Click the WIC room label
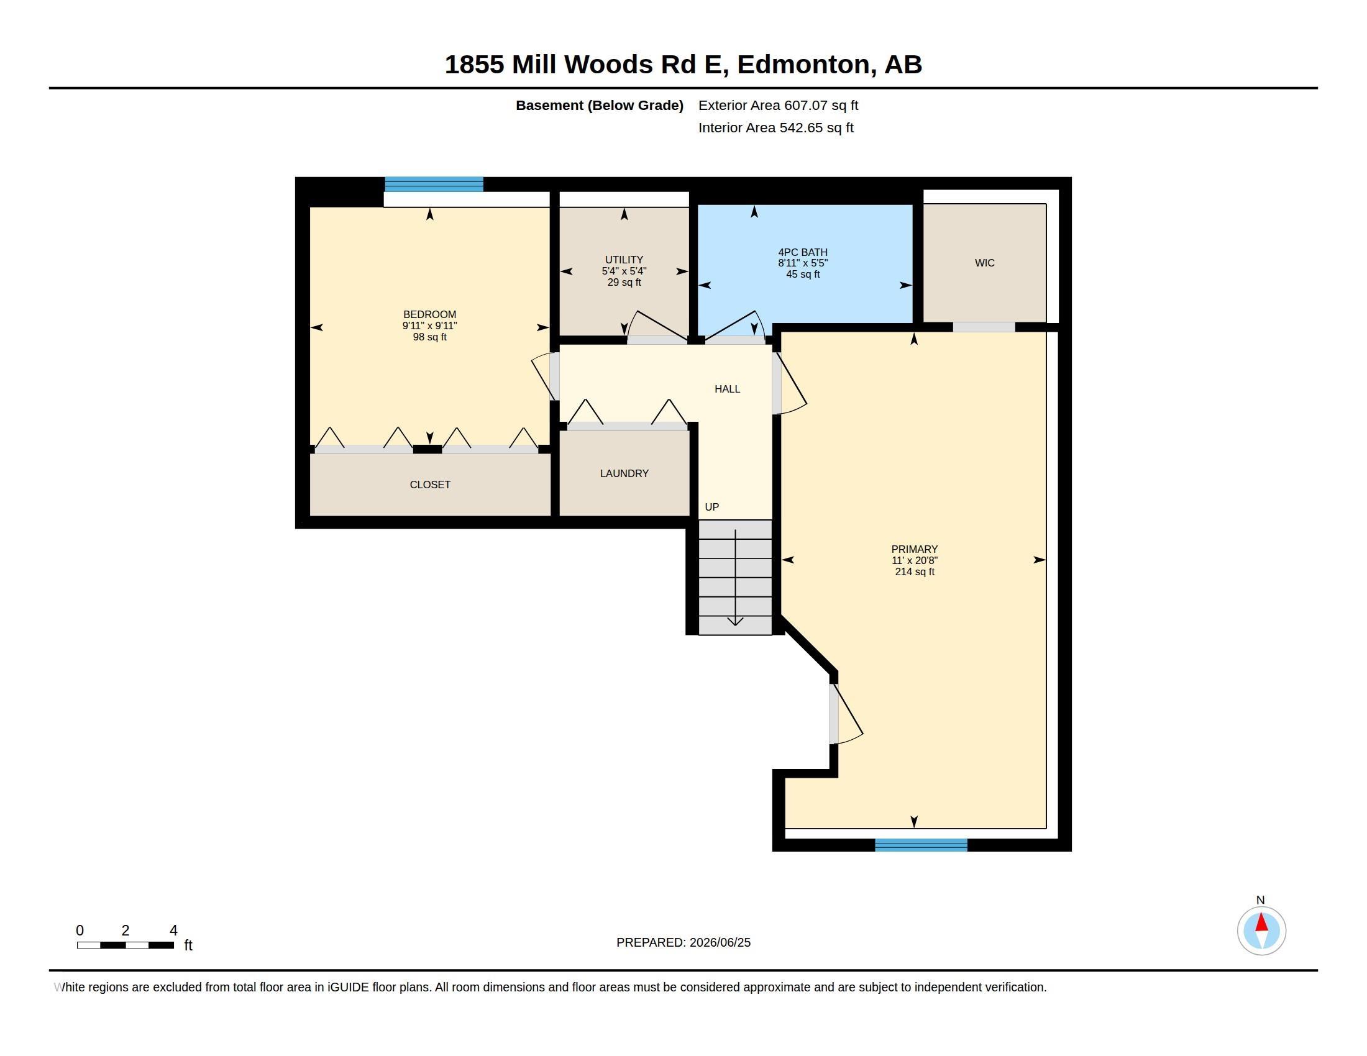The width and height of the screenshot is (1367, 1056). click(x=985, y=263)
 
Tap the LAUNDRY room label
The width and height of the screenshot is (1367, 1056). click(x=624, y=473)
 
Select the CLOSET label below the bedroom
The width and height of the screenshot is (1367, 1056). click(x=430, y=485)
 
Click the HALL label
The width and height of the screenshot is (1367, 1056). click(x=728, y=389)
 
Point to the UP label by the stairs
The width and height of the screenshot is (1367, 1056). click(x=711, y=507)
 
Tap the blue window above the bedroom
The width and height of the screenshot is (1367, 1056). click(x=434, y=184)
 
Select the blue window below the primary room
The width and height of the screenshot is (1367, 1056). click(x=921, y=845)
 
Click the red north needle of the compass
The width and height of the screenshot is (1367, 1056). click(x=1261, y=922)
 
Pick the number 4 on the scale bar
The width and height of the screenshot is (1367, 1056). click(x=173, y=931)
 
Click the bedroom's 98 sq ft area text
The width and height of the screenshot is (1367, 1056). click(x=430, y=337)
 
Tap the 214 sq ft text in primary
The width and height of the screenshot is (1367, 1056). click(x=915, y=571)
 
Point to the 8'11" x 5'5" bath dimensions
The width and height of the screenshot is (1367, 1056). click(x=803, y=263)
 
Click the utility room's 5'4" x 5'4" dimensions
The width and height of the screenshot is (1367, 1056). click(x=624, y=271)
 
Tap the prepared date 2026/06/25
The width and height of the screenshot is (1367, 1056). click(x=720, y=942)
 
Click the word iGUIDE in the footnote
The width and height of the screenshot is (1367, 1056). click(x=348, y=987)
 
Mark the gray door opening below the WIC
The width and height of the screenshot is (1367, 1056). click(x=984, y=327)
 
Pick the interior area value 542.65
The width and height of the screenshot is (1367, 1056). click(x=801, y=127)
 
